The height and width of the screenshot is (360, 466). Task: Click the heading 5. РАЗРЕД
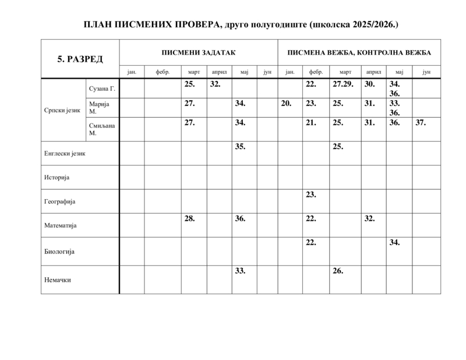[80, 59]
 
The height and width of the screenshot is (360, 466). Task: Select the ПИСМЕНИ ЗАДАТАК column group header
[199, 52]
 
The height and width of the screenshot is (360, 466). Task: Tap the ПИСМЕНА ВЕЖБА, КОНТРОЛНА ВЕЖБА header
[359, 52]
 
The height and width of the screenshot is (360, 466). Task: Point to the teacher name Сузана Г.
[103, 89]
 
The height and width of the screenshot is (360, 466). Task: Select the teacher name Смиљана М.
[102, 129]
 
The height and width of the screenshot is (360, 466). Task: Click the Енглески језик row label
[65, 154]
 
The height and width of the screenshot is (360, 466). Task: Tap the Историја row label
[57, 177]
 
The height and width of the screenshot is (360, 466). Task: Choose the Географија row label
[60, 201]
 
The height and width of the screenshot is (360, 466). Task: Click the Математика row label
[61, 225]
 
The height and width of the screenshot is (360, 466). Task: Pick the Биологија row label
[59, 252]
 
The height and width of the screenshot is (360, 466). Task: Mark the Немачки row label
[58, 280]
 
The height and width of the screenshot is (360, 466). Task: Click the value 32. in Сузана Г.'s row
[215, 84]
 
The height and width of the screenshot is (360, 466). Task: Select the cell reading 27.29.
[343, 84]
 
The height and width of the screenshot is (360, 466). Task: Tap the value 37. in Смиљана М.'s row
[421, 123]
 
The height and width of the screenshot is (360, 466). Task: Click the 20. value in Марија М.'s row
[285, 103]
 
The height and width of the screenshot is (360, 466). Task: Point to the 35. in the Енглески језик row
[240, 146]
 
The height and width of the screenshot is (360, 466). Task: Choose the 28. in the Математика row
[189, 218]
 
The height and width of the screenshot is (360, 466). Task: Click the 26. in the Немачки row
[338, 271]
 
